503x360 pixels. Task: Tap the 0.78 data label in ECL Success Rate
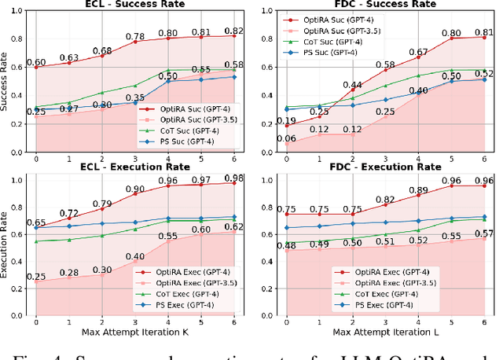(135, 36)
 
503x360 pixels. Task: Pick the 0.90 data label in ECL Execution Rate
(135, 189)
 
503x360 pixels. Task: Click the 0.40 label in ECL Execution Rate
(135, 257)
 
